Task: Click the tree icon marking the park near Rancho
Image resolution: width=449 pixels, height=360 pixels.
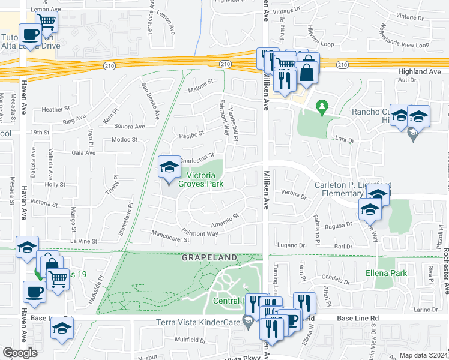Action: point(322,107)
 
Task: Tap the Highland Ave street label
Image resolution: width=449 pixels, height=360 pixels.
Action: point(419,71)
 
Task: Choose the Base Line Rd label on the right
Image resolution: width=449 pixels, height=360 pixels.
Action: point(358,317)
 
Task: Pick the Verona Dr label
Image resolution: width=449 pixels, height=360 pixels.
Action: point(294,194)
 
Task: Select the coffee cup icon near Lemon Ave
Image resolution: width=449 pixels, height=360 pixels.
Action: point(29,34)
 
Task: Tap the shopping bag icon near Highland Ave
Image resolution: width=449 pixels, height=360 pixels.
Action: point(307,72)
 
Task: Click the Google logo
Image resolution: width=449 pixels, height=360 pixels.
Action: point(20,353)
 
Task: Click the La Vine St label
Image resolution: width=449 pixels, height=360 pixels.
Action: point(84,241)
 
